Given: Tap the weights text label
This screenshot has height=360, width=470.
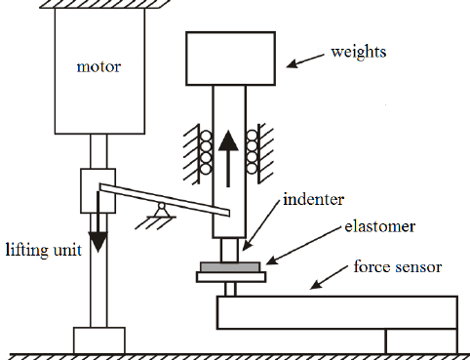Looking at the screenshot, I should pos(359,50).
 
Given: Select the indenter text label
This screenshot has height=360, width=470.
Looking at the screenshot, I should pos(313,200).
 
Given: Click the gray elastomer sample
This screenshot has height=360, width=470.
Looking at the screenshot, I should pos(229,265).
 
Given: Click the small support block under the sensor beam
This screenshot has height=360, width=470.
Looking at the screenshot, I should pos(421,341).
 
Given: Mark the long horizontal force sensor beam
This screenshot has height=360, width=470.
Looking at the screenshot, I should pos(336,312).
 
